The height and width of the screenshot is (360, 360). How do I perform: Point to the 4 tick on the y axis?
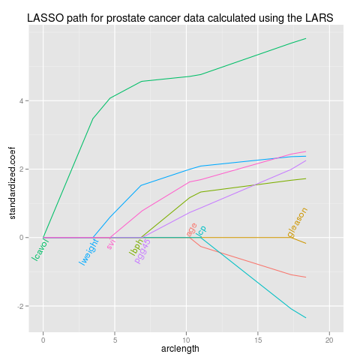click(x=24, y=100)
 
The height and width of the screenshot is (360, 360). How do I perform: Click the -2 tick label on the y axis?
click(x=22, y=306)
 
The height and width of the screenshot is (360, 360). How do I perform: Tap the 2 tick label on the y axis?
click(x=24, y=169)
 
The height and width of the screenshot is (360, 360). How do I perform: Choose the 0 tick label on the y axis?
click(x=24, y=238)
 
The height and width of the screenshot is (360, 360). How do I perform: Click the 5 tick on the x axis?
click(x=115, y=339)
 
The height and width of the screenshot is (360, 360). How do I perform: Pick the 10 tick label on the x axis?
click(x=186, y=339)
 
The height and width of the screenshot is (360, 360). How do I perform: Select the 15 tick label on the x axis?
click(x=257, y=339)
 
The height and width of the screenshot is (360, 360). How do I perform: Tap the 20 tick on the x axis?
click(x=328, y=339)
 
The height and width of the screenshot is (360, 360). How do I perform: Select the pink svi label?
click(x=111, y=242)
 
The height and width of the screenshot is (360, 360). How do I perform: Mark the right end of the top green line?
click(x=306, y=38)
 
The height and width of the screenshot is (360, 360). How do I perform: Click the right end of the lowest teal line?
click(x=306, y=318)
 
